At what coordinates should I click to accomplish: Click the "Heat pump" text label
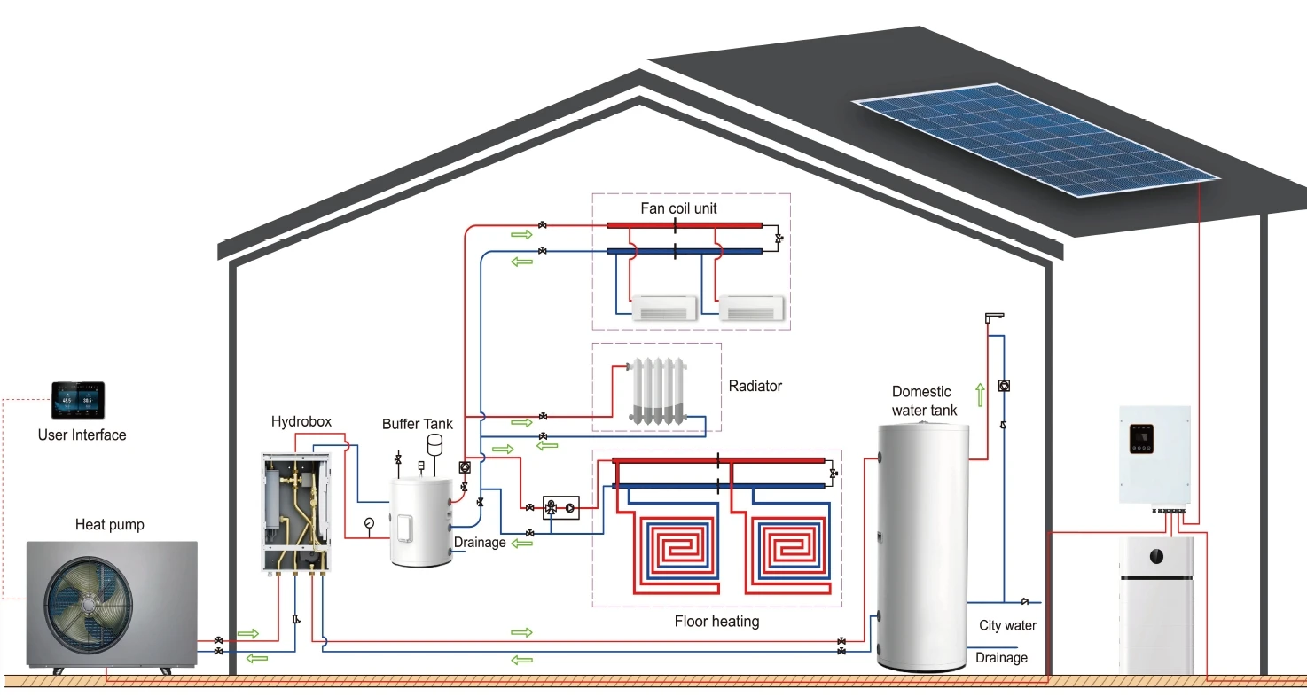(109, 525)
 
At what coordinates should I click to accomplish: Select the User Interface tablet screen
(77, 402)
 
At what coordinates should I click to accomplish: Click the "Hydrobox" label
(301, 421)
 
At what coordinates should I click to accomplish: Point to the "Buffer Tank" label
(418, 424)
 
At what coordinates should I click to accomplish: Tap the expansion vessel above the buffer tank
(435, 443)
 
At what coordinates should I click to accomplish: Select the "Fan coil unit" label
(679, 208)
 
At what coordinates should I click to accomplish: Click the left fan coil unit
(665, 308)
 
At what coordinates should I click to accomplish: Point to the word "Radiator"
(755, 386)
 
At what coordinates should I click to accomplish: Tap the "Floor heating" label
(716, 621)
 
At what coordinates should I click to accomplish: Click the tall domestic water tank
(922, 545)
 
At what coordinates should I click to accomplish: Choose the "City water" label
(1007, 625)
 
